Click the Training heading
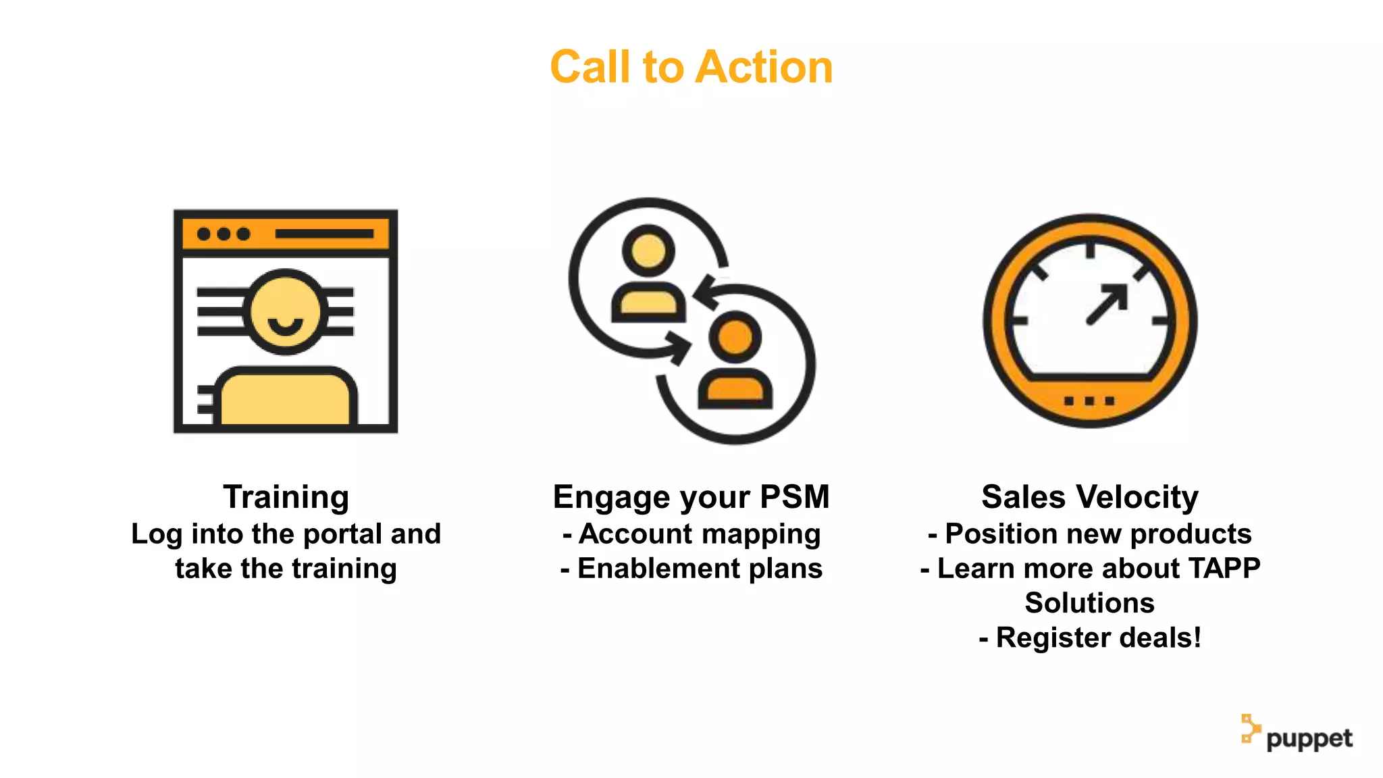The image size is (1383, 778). click(286, 497)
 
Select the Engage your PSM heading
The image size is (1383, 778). click(691, 497)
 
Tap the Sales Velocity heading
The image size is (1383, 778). click(1089, 497)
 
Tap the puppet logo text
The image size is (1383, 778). click(1309, 739)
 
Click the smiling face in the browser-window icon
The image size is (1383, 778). click(285, 312)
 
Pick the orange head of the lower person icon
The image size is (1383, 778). click(735, 336)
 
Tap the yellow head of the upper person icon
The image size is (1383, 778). click(648, 251)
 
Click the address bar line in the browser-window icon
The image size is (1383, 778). click(324, 234)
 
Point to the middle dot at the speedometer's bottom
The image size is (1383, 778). click(1089, 401)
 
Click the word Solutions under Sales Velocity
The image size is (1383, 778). click(1089, 603)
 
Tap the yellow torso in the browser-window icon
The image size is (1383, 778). click(285, 398)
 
